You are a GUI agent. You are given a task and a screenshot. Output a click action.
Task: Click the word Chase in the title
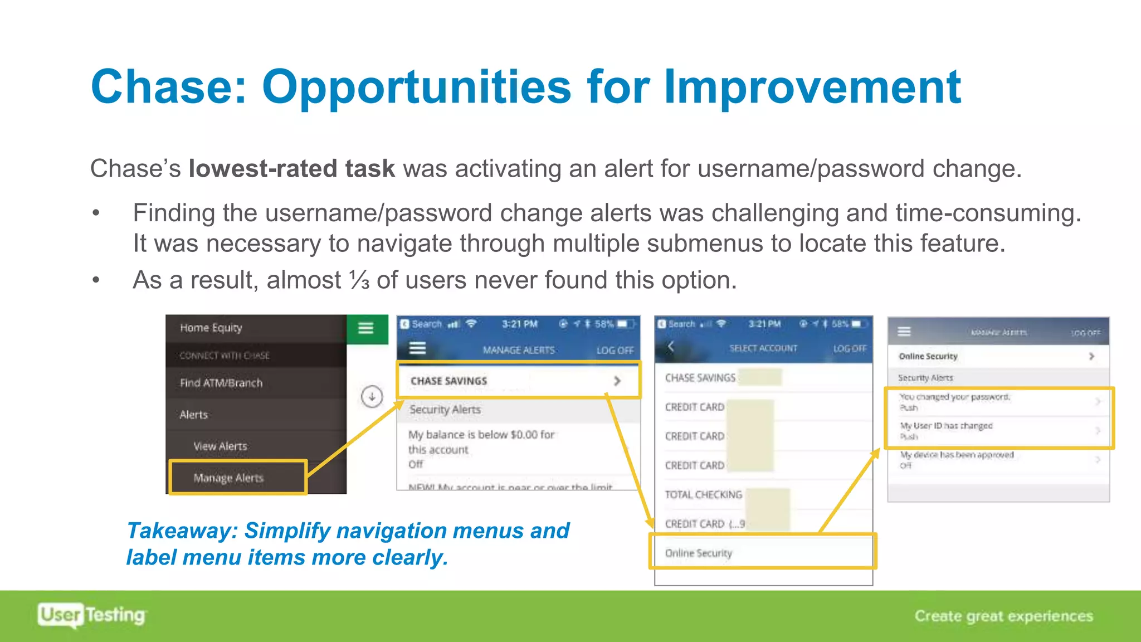[x=168, y=87]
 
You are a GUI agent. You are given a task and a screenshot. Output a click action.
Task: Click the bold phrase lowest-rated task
[x=291, y=169]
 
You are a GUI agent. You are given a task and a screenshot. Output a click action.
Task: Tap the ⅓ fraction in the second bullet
[x=359, y=280]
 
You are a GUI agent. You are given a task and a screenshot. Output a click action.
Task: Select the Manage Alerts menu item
[x=228, y=478]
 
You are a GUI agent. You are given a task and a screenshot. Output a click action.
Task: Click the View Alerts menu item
[x=220, y=446]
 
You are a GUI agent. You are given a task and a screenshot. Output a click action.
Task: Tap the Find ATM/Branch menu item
[x=221, y=383]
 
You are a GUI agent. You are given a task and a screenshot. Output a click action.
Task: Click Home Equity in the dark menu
[x=211, y=328]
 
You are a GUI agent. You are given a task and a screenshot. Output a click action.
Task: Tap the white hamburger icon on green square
[x=366, y=328]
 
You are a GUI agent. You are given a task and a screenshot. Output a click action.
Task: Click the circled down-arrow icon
[x=372, y=397]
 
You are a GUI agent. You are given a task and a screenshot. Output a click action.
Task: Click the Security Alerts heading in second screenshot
[x=445, y=410]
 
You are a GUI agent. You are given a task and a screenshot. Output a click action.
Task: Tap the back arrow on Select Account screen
[x=671, y=347]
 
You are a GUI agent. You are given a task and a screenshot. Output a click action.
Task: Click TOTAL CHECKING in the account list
[x=703, y=494]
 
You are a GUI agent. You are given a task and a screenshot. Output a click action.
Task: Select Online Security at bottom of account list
[x=699, y=553]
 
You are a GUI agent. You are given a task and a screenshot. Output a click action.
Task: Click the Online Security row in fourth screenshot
[x=997, y=356]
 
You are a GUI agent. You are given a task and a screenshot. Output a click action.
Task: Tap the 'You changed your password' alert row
[x=997, y=402]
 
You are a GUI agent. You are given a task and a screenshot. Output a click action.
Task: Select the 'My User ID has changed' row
[x=997, y=431]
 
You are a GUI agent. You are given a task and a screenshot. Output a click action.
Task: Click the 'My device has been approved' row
[x=997, y=460]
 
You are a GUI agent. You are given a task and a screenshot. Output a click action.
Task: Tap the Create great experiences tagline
[x=1003, y=616]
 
